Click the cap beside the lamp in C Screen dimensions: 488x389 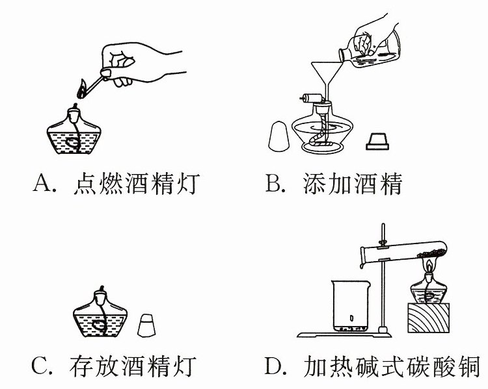146,325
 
